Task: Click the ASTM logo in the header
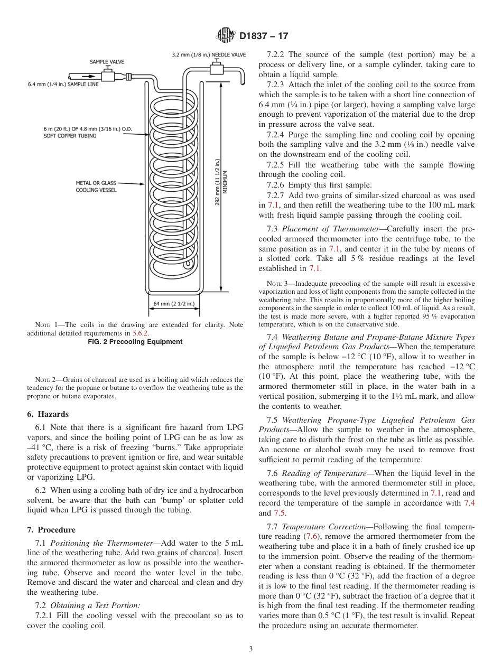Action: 226,36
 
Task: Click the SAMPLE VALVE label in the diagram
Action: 107,62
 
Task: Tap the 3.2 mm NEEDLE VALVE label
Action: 209,54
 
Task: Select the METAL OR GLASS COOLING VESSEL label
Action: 97,186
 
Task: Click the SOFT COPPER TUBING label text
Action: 70,136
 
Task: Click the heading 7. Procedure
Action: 51,529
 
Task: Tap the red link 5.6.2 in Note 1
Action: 140,333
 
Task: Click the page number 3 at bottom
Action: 251,649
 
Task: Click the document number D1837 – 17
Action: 264,36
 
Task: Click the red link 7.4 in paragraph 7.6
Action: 469,502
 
